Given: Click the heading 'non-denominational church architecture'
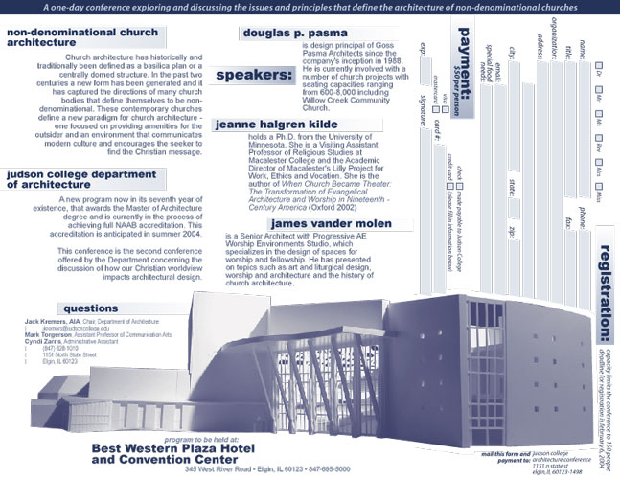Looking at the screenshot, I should point(69,36).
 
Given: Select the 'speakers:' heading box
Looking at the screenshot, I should point(254,74).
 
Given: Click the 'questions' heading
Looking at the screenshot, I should point(90,308).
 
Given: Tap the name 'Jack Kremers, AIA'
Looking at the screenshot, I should point(45,318).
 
